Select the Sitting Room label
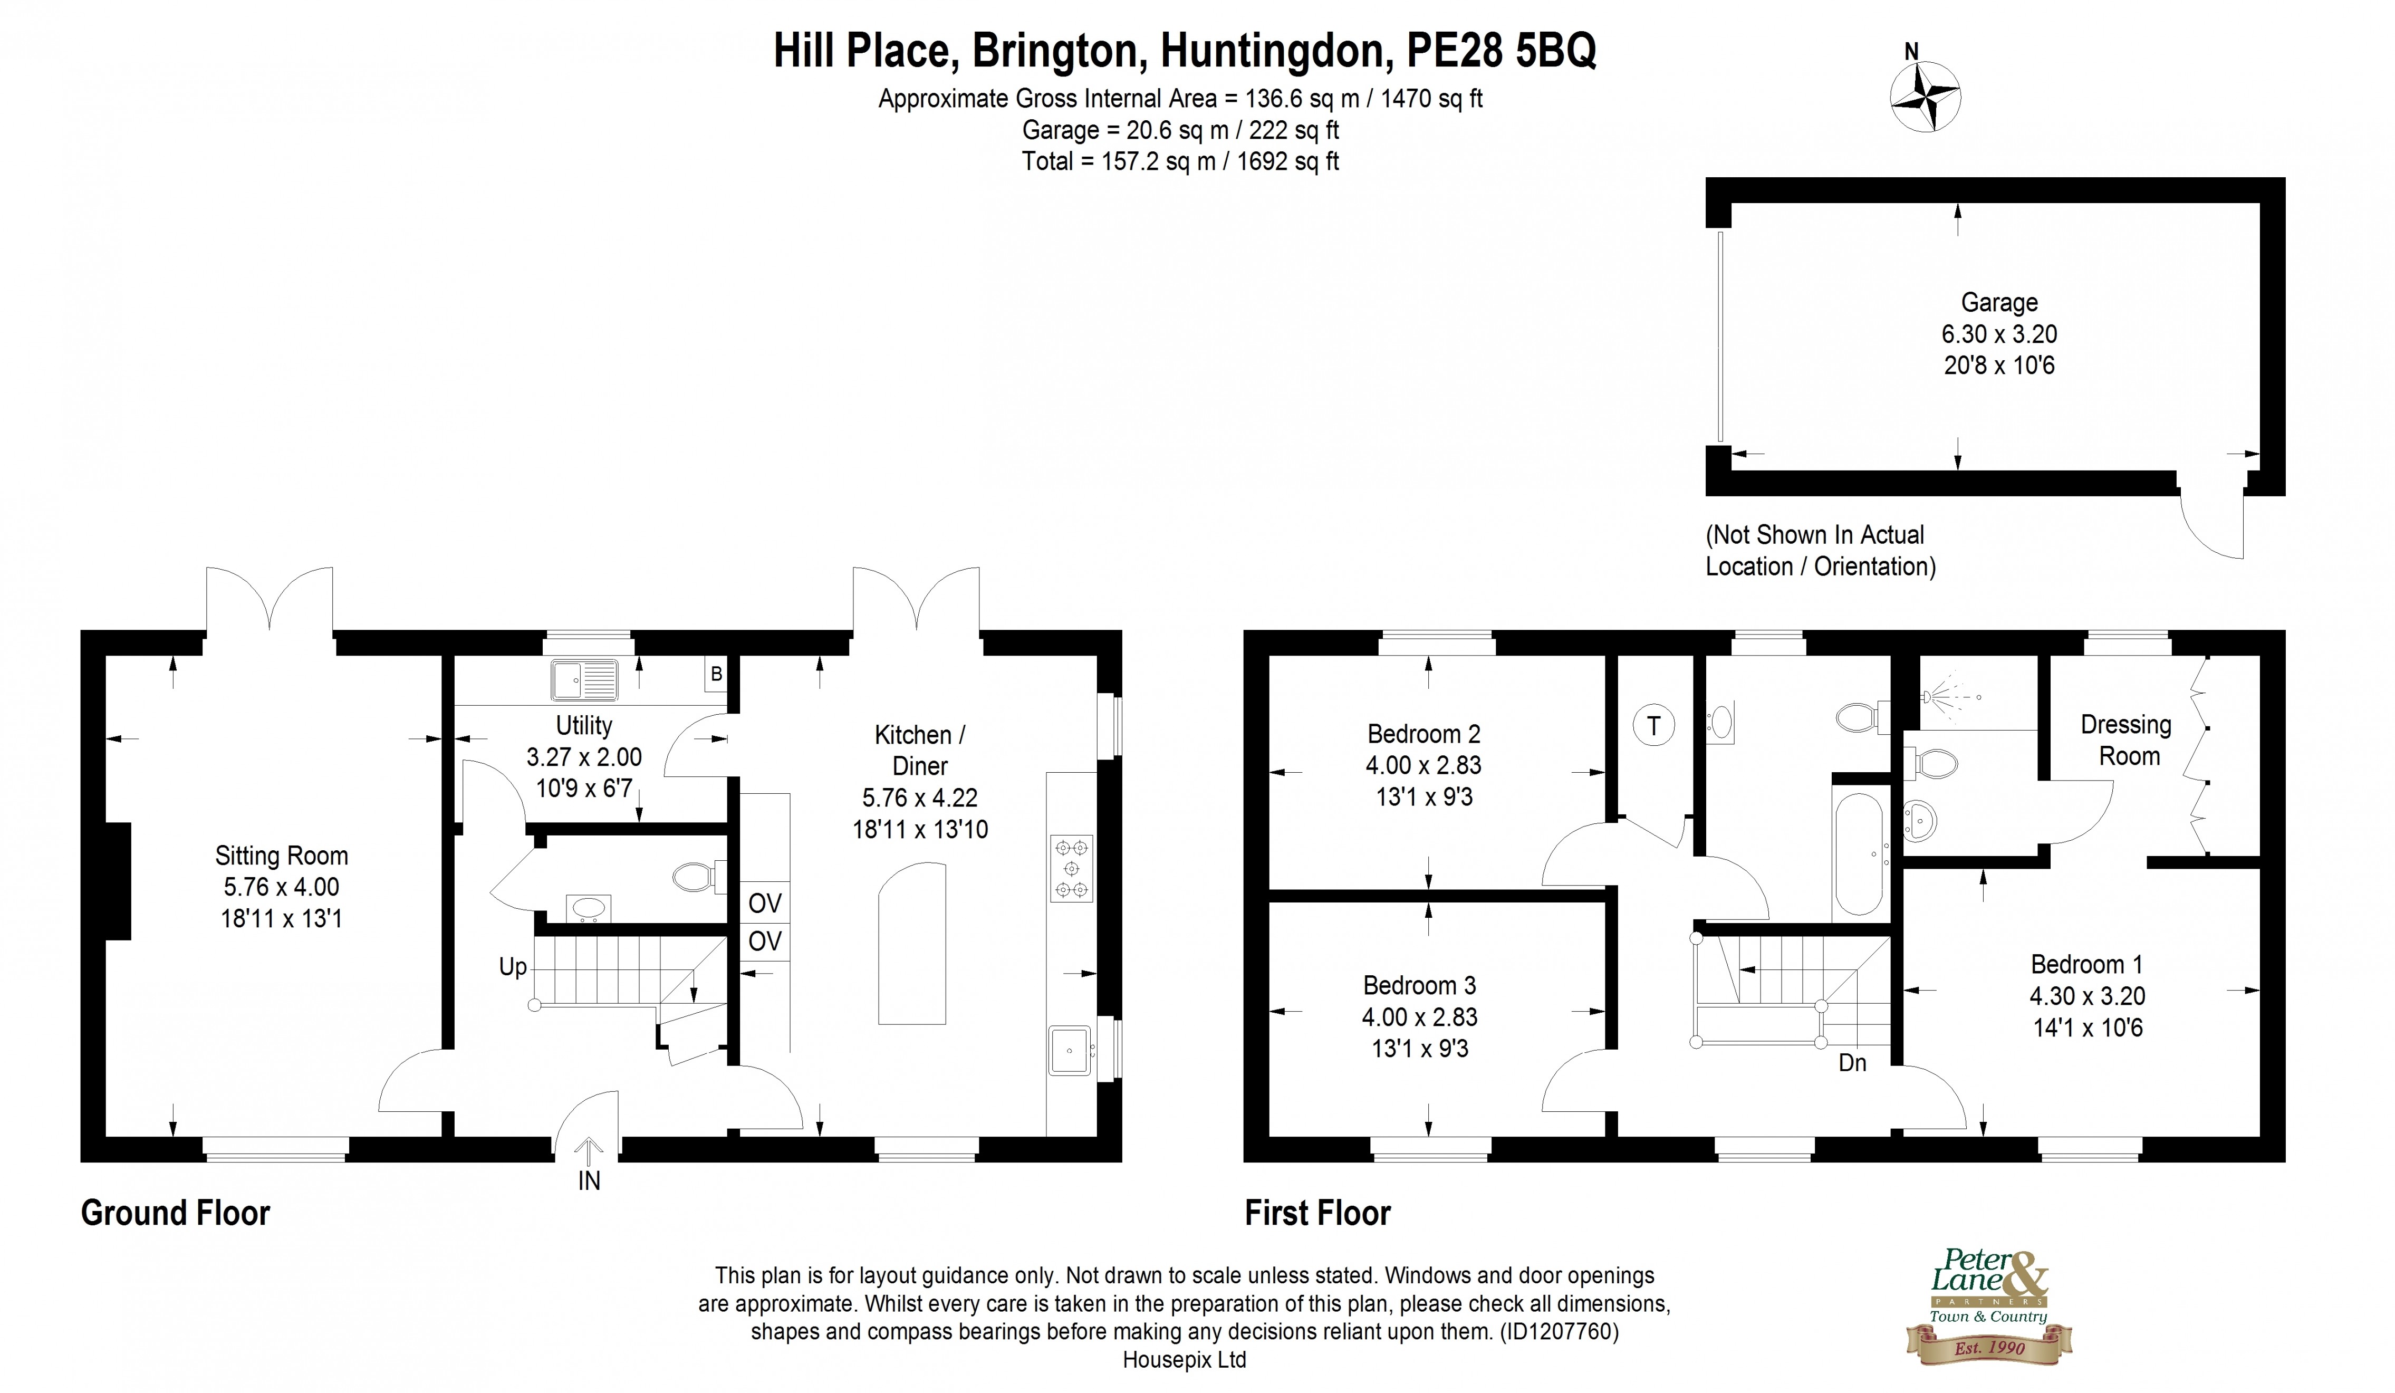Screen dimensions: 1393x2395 click(281, 856)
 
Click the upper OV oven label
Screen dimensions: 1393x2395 click(765, 902)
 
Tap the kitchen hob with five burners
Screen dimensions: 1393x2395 click(1071, 868)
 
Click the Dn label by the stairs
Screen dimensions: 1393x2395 click(1852, 1062)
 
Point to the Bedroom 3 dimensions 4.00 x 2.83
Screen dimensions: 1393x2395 click(1420, 1017)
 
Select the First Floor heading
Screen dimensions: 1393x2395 click(1317, 1214)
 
